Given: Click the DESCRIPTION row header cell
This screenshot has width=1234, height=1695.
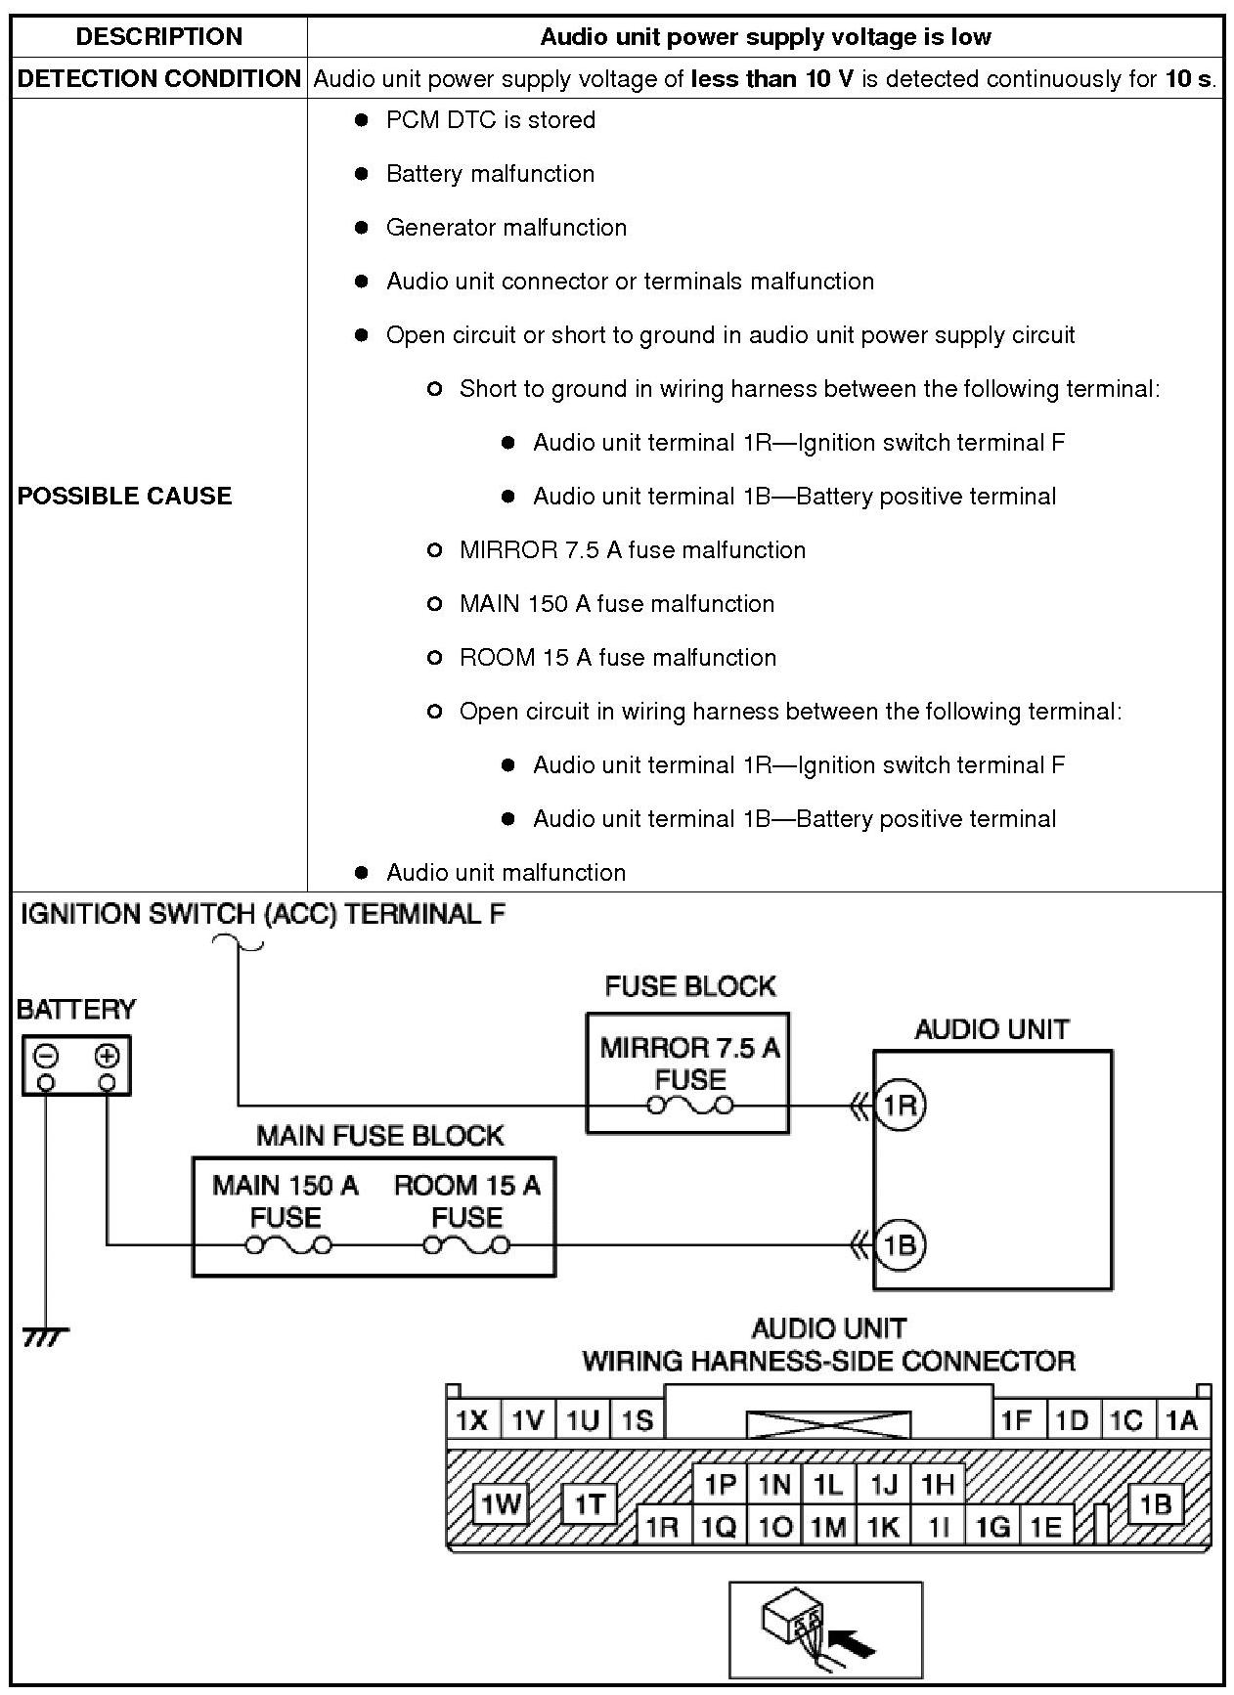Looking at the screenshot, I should click(x=158, y=37).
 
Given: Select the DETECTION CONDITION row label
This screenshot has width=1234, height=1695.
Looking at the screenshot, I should click(x=159, y=79).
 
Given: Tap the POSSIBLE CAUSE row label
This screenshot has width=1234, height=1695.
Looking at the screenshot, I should click(x=125, y=496).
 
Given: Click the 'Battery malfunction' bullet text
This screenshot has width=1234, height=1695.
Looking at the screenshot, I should click(x=490, y=174).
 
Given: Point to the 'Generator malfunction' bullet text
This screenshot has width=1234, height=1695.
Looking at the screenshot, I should click(x=506, y=228).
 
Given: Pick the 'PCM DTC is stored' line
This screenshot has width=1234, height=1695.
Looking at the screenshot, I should click(x=490, y=120).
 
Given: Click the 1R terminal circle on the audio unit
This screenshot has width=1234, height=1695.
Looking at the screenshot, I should click(x=899, y=1105).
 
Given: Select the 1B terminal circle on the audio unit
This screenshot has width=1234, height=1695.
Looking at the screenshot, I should click(x=899, y=1244).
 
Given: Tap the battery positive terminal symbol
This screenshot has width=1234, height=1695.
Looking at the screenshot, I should click(x=107, y=1056).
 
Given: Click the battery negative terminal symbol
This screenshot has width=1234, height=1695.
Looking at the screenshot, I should click(x=46, y=1056).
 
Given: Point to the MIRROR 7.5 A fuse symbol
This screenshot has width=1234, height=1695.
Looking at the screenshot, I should click(x=690, y=1106).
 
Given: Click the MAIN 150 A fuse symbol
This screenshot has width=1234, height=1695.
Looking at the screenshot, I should click(x=287, y=1244).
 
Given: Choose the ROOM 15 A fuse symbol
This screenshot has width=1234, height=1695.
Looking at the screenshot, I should click(x=466, y=1244).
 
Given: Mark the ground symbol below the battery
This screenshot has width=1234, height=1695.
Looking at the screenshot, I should click(x=45, y=1335).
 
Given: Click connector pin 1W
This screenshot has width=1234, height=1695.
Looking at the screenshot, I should click(x=501, y=1504).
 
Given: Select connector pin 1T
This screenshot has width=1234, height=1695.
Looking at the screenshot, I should click(x=589, y=1504).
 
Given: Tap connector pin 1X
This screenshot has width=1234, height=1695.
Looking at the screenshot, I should click(x=472, y=1420).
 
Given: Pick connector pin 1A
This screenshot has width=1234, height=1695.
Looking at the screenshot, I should click(x=1181, y=1420).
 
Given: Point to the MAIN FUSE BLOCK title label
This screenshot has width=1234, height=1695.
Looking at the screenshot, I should click(x=379, y=1136).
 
